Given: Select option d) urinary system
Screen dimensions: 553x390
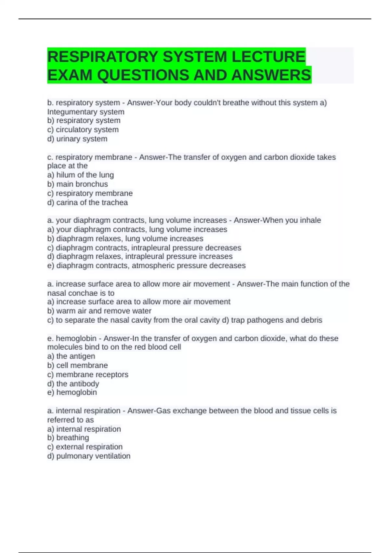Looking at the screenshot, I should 77,139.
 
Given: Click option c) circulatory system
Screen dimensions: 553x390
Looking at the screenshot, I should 83,129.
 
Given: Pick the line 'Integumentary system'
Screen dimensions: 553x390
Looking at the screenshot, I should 86,112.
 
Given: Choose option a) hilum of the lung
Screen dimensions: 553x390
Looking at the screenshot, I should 81,175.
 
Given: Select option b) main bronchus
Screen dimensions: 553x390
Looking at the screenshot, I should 78,184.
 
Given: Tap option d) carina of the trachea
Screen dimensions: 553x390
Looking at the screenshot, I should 87,202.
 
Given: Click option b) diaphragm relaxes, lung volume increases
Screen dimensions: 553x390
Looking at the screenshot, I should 125,238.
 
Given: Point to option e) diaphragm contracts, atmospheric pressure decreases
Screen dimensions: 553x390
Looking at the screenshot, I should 146,265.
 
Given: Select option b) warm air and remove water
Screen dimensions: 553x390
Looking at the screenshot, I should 99,311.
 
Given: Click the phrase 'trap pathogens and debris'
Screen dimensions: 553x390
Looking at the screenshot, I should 277,320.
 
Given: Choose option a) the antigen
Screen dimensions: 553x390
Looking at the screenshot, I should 71,356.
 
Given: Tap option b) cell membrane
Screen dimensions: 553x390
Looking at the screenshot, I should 78,365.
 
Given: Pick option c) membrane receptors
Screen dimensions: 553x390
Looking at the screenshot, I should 88,374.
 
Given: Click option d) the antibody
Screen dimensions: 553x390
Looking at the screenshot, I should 73,384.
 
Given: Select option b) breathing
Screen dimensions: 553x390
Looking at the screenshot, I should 68,438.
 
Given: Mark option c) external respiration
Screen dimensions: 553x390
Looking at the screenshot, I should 85,447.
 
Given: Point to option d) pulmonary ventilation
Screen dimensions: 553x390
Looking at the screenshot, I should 89,456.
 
